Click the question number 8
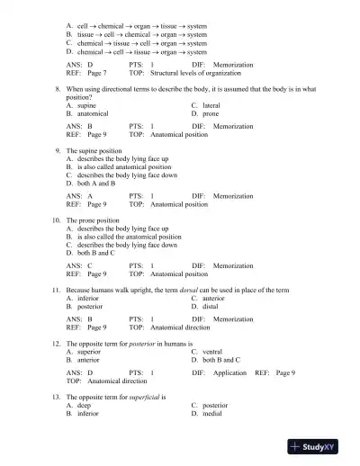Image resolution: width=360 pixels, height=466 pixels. click(58, 91)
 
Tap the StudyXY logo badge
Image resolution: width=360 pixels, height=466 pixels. click(318, 446)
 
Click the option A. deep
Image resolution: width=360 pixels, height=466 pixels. click(79, 406)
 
